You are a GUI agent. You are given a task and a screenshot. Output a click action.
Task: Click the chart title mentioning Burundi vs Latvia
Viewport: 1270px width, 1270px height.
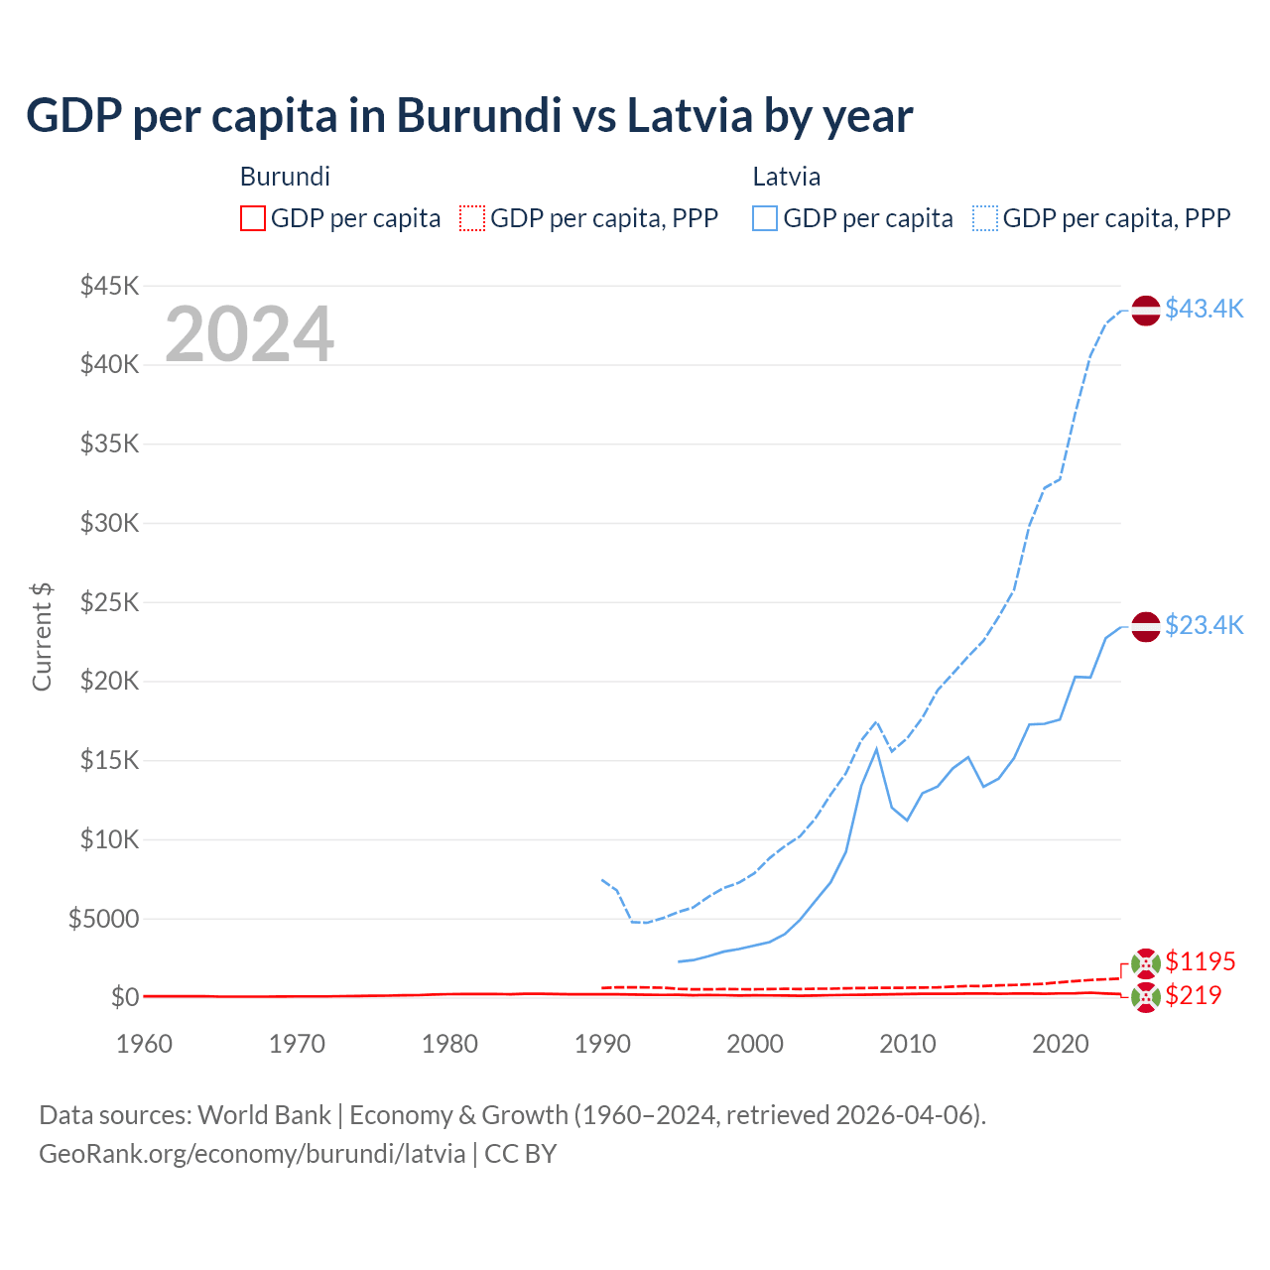[x=469, y=116]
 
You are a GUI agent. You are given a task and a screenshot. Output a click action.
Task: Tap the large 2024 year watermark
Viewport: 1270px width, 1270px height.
[x=249, y=334]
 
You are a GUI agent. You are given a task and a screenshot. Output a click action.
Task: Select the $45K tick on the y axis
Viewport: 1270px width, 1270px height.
[x=109, y=286]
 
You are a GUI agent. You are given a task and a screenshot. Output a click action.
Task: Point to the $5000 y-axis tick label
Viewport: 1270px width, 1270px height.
[x=103, y=919]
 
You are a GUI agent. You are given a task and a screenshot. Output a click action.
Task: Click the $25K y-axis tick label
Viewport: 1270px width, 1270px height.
[x=109, y=602]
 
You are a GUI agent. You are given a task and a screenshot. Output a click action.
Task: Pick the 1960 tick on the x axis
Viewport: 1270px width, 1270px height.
[x=144, y=1044]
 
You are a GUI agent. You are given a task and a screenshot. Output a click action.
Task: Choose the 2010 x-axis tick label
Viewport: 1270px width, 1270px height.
[x=908, y=1044]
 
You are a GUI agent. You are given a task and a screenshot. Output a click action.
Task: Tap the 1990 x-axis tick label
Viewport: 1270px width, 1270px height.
[x=602, y=1044]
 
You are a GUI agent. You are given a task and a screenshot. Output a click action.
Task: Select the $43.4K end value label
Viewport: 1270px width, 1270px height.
[x=1204, y=309]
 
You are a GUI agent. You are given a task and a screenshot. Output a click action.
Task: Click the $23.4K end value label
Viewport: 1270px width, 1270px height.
[x=1204, y=625]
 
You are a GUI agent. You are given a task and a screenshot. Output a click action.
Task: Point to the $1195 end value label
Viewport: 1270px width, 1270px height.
[x=1200, y=961]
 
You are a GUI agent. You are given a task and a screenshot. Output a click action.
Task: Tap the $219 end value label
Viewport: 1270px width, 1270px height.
[x=1193, y=995]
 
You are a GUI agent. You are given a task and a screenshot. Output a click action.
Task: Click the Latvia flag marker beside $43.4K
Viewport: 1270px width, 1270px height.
[x=1146, y=311]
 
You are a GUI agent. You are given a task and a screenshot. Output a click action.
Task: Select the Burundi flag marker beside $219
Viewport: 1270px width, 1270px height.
[x=1146, y=998]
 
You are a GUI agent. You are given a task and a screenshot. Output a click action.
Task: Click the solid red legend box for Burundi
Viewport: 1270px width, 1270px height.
[x=253, y=218]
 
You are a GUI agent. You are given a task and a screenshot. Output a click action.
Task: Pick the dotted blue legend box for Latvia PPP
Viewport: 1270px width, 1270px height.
[x=985, y=218]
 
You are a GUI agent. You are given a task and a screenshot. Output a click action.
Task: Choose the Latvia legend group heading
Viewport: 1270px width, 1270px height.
[x=786, y=177]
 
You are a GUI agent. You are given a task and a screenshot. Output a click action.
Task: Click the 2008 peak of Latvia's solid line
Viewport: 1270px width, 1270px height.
[x=876, y=749]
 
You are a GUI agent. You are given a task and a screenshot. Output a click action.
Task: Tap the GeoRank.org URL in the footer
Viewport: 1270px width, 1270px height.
[x=252, y=1154]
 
